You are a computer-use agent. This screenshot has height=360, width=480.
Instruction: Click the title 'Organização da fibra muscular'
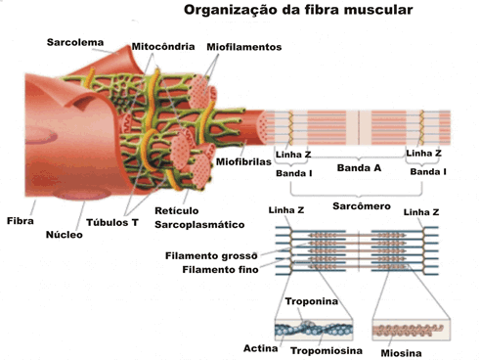(298, 10)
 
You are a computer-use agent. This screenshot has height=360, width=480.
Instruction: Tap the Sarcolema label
(75, 42)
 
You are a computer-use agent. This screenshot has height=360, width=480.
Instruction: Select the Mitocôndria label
(163, 47)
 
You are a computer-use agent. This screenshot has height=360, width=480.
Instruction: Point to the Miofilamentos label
(244, 47)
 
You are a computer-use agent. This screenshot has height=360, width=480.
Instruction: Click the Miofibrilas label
(243, 161)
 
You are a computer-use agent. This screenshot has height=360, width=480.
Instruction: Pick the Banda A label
(359, 168)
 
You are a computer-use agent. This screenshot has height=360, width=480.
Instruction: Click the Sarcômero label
(362, 206)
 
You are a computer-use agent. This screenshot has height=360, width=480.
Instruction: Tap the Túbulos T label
(112, 222)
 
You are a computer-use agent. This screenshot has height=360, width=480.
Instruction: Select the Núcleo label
(65, 235)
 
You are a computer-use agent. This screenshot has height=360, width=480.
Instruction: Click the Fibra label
(21, 221)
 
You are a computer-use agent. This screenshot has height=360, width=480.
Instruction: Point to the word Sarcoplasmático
(199, 225)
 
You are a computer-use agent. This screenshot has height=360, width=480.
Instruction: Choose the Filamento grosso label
(211, 256)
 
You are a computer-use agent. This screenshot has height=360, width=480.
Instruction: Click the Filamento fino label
(220, 270)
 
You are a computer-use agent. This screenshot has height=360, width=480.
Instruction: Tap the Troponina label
(312, 301)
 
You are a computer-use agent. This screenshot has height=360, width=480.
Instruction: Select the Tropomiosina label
(327, 351)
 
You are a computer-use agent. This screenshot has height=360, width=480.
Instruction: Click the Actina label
(261, 348)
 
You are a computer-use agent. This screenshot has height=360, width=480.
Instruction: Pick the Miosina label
(401, 353)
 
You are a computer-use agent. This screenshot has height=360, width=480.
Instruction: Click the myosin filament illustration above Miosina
(409, 330)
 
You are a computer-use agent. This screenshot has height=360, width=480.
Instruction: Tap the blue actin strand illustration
(314, 330)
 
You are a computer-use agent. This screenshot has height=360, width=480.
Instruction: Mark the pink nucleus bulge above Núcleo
(81, 195)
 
